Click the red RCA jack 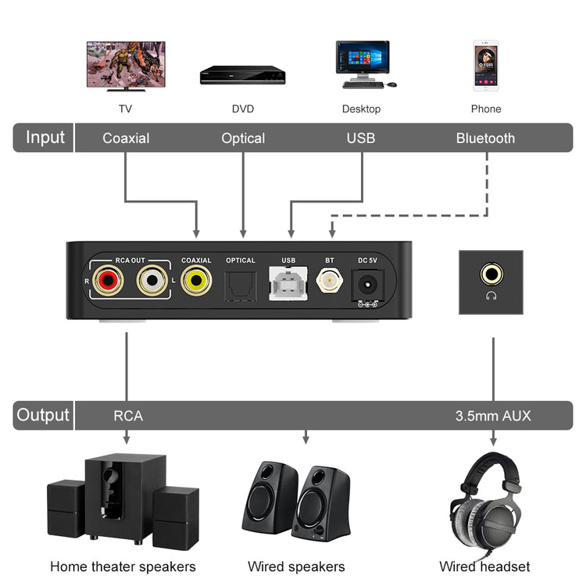[107, 279]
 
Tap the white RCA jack [152, 279]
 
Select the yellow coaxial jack [195, 279]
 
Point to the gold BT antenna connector [329, 280]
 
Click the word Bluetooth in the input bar [485, 138]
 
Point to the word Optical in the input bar [243, 138]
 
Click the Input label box [45, 138]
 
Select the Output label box [44, 415]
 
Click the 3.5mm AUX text [493, 416]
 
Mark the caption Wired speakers [296, 566]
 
